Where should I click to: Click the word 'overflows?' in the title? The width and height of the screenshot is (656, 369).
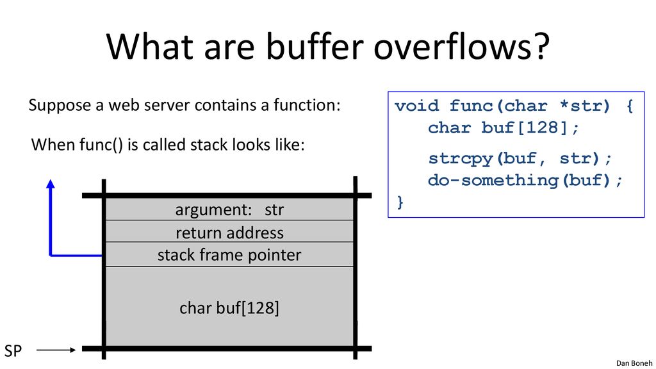[x=461, y=46]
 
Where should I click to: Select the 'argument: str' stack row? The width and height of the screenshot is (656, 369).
[x=229, y=209]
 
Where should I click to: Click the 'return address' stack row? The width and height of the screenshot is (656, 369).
[x=229, y=232]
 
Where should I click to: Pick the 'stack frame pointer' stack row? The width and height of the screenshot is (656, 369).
[x=229, y=254]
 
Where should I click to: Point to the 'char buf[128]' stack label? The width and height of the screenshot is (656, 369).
[x=229, y=308]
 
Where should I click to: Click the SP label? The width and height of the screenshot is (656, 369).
[x=13, y=350]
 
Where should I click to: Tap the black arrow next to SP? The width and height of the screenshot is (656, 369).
[x=56, y=350]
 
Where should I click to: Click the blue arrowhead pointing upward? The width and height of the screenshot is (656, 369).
[x=51, y=184]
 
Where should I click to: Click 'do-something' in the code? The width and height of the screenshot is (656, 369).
[x=493, y=180]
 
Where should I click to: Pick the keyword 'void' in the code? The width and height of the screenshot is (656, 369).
[x=417, y=106]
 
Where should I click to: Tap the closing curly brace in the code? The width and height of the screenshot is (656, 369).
[x=400, y=202]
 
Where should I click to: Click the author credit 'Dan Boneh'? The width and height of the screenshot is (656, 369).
[x=634, y=363]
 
